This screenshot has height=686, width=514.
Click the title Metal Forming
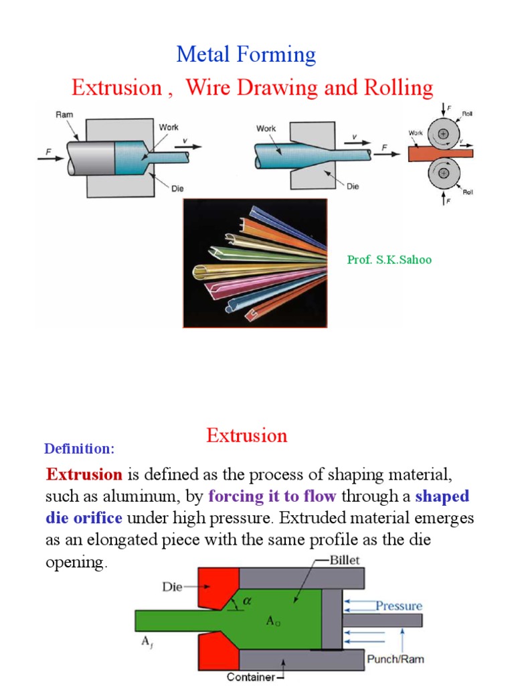pyautogui.click(x=246, y=54)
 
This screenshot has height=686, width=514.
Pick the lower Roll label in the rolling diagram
pyautogui.click(x=467, y=192)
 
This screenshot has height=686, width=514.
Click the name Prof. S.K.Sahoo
pyautogui.click(x=389, y=260)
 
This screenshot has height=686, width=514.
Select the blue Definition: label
pyautogui.click(x=79, y=448)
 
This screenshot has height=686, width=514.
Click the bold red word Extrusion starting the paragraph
pyautogui.click(x=84, y=476)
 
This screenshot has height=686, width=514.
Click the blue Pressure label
pyautogui.click(x=399, y=606)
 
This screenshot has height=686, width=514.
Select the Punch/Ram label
pyautogui.click(x=396, y=659)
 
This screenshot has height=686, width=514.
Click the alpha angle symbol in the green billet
pyautogui.click(x=246, y=602)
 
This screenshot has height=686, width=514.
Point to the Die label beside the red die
pyautogui.click(x=173, y=588)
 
